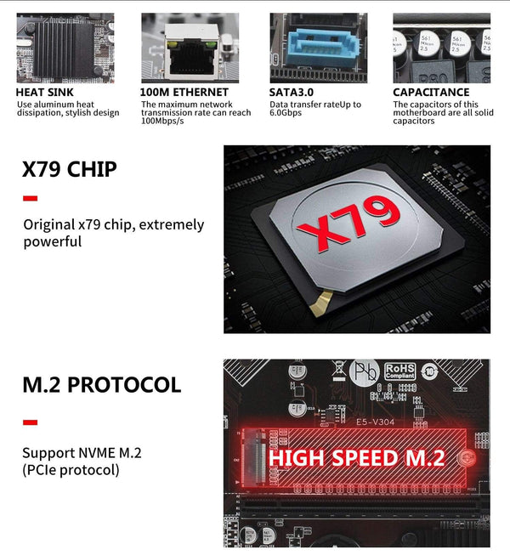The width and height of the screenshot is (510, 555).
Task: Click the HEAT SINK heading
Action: (x=44, y=92)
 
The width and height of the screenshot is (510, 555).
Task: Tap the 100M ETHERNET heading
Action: (x=184, y=92)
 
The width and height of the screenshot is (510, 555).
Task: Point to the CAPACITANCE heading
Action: (x=431, y=92)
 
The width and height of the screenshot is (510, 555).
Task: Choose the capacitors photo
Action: (x=440, y=48)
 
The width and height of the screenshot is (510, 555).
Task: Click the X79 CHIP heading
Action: (x=69, y=169)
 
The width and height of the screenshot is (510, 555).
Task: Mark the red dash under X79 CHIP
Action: (x=30, y=199)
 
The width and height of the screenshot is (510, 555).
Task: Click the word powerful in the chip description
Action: (x=52, y=241)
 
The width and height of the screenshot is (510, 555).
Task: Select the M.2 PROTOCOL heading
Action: (x=101, y=385)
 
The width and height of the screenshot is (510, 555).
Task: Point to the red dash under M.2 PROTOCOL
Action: (x=30, y=422)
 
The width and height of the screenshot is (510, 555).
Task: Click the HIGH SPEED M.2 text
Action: (x=356, y=458)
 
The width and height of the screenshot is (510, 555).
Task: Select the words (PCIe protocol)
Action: (x=71, y=469)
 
